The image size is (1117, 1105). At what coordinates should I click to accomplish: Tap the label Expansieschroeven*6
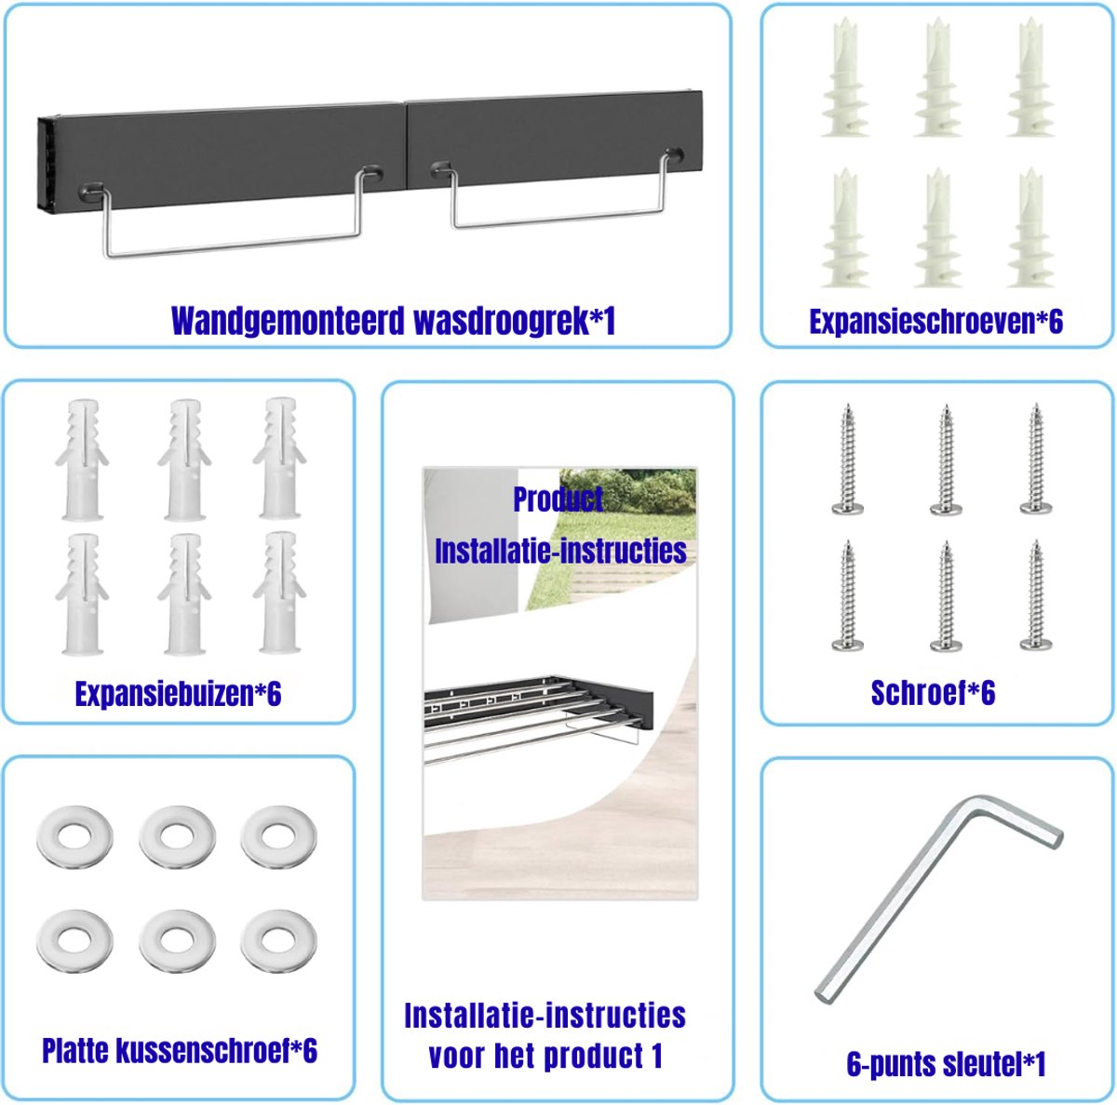click(x=936, y=322)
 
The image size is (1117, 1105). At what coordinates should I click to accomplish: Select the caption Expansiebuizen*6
click(x=178, y=694)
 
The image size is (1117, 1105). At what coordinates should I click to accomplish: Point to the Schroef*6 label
click(x=933, y=692)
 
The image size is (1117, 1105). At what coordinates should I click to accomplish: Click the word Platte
click(x=75, y=1066)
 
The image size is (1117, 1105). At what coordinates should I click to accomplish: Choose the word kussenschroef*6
click(x=217, y=1066)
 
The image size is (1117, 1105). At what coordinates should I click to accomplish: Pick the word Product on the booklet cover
click(x=558, y=499)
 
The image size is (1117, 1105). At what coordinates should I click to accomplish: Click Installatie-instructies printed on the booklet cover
click(x=560, y=551)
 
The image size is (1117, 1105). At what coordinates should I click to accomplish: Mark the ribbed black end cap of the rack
click(x=47, y=165)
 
